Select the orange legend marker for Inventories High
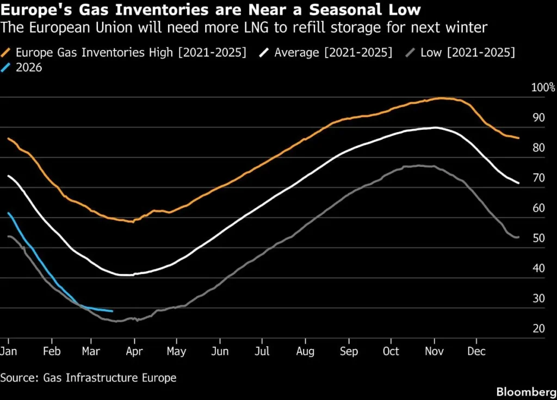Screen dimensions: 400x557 tap(7, 53)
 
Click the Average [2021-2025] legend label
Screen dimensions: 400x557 tap(333, 53)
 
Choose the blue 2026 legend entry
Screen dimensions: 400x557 tap(29, 68)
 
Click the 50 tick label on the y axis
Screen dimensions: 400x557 tap(539, 238)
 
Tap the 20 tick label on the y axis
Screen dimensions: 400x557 tap(539, 328)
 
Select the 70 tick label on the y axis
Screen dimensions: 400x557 tap(539, 178)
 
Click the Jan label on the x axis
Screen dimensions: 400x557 tap(9, 352)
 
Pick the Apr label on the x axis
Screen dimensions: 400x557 tap(134, 352)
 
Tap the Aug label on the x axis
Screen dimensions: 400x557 tap(306, 352)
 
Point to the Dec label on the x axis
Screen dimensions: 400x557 tap(476, 352)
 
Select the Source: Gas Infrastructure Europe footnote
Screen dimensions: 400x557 tap(88, 377)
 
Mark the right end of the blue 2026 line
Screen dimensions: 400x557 tap(113, 311)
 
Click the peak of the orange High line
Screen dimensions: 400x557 tap(441, 98)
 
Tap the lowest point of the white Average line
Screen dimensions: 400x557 tap(126, 275)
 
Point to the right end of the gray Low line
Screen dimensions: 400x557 tap(518, 237)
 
